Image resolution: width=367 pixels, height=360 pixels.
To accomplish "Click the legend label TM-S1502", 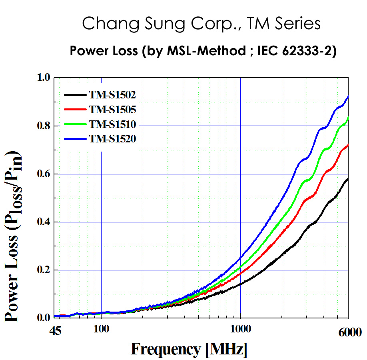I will [x=113, y=95].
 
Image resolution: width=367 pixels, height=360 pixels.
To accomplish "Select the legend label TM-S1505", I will [x=113, y=109].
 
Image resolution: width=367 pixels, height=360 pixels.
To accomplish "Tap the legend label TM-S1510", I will [x=113, y=124].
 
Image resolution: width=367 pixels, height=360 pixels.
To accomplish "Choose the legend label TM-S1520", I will [x=113, y=139].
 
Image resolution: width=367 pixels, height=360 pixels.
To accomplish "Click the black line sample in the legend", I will [x=75, y=95].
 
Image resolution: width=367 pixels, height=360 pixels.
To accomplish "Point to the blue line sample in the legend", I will [x=75, y=139].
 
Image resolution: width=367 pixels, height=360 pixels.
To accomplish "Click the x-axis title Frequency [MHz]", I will [x=189, y=349].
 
